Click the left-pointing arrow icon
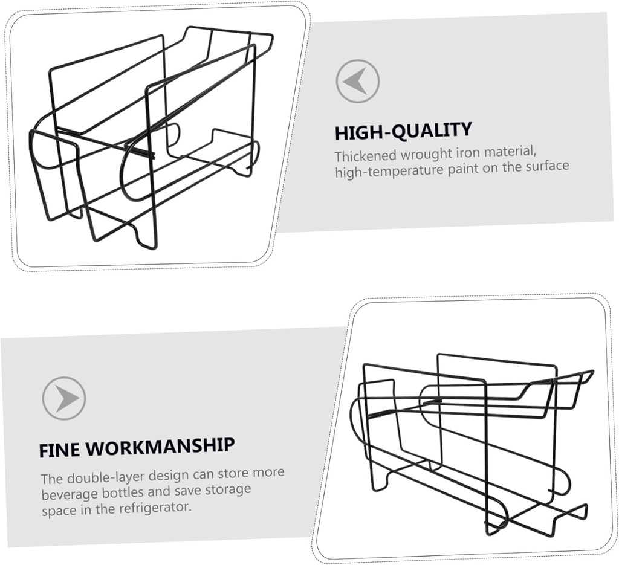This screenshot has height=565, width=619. pyautogui.click(x=358, y=82)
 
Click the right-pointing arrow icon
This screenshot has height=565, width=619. pyautogui.click(x=64, y=398)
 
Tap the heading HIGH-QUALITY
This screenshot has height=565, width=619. pyautogui.click(x=403, y=131)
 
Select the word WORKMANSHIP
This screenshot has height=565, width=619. pyautogui.click(x=160, y=447)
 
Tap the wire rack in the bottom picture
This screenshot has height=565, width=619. pyautogui.click(x=472, y=445)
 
